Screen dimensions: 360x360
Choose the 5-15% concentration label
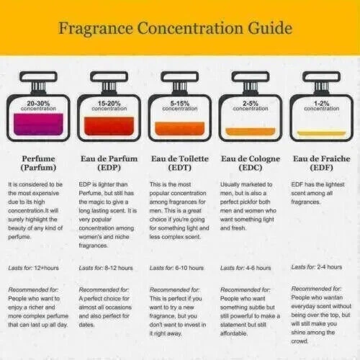(180, 105)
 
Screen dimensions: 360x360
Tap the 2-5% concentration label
(251, 105)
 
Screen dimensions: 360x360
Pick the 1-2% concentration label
(321, 105)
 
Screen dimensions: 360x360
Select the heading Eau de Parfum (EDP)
(108, 163)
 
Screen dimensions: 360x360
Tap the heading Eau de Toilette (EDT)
(180, 163)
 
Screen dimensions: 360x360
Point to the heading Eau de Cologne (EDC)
(251, 163)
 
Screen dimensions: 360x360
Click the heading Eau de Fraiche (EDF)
(321, 163)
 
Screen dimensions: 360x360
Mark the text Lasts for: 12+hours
(34, 268)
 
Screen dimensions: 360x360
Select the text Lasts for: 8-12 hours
(106, 268)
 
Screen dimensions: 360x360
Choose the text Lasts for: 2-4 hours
(318, 266)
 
